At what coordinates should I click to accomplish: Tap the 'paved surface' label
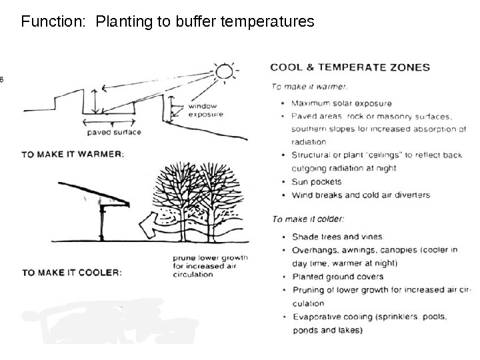[114, 132]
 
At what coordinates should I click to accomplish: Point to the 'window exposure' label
[205, 110]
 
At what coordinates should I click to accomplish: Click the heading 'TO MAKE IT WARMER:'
[73, 154]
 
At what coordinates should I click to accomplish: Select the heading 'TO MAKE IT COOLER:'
[71, 273]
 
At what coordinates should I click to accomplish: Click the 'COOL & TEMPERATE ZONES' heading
[350, 67]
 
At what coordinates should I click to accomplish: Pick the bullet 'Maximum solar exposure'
[341, 103]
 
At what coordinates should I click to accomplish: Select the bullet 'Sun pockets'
[317, 181]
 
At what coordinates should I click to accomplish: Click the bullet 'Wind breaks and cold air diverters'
[361, 195]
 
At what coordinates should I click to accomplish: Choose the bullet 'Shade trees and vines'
[337, 237]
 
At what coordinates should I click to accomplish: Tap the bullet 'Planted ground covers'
[337, 277]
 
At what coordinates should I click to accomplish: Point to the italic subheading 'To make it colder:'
[308, 219]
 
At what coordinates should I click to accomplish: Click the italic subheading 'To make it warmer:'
[309, 86]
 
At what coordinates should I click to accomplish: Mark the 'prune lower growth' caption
[210, 257]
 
